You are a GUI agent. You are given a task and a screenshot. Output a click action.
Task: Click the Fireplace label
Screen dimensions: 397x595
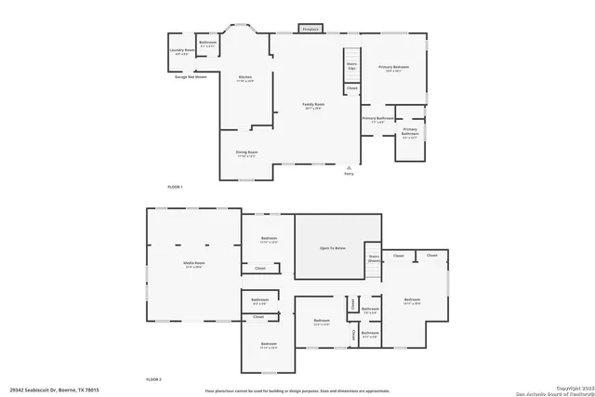pos(311,30)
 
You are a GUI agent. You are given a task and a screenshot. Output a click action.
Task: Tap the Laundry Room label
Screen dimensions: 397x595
pos(182,51)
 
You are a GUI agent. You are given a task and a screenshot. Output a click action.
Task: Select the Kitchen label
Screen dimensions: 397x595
pos(245,78)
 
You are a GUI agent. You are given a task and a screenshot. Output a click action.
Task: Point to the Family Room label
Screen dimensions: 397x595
pos(313,105)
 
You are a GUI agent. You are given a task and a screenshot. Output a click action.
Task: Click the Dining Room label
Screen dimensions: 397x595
pos(246,152)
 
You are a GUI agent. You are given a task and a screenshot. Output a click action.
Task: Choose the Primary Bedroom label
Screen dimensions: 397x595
pos(393,68)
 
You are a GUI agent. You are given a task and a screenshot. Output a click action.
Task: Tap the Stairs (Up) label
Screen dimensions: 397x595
pos(351,67)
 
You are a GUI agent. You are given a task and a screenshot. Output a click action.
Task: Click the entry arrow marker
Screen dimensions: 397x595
pos(350,167)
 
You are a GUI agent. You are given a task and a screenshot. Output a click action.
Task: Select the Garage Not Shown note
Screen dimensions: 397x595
pos(191,76)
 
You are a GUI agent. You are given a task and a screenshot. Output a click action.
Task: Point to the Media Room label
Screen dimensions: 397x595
pos(193,265)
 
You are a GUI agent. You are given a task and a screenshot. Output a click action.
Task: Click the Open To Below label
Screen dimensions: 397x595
pos(333,248)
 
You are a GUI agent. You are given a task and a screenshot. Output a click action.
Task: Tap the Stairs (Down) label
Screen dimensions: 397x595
pos(374,259)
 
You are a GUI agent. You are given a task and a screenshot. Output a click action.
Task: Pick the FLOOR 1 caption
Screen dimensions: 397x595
pos(176,188)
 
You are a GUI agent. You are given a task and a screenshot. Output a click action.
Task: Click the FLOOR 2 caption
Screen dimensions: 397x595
pos(153,379)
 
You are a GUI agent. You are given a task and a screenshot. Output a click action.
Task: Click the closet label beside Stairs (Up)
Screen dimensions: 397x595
pos(351,88)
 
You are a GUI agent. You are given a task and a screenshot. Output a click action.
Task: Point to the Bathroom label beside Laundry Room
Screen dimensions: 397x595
pos(208,43)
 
